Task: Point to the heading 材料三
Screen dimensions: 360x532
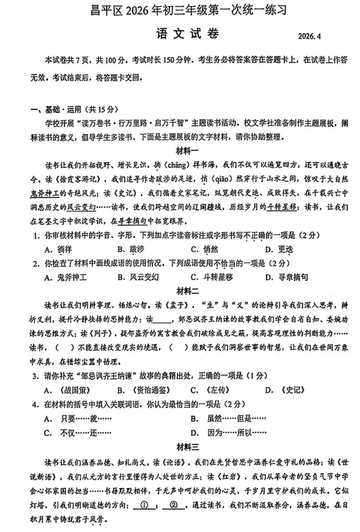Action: click(181, 447)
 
